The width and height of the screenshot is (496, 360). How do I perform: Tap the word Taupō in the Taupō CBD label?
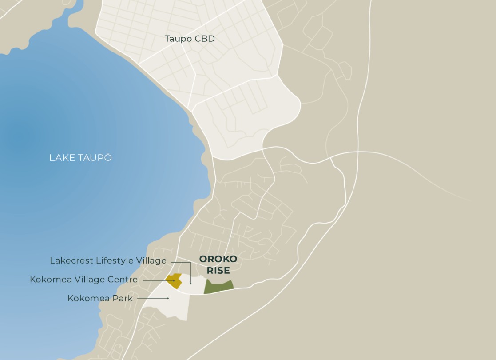click(x=179, y=39)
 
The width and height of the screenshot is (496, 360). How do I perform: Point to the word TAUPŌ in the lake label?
click(x=96, y=158)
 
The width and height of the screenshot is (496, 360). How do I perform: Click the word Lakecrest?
click(x=71, y=261)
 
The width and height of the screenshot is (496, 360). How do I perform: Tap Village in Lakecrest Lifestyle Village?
click(x=151, y=261)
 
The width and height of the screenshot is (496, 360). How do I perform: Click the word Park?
click(x=123, y=298)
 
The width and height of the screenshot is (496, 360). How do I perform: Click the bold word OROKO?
click(x=218, y=259)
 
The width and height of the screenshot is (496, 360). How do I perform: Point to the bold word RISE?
click(x=218, y=271)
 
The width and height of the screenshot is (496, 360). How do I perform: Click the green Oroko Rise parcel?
click(x=218, y=287)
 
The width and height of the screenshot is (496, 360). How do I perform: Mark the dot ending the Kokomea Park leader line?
click(x=168, y=298)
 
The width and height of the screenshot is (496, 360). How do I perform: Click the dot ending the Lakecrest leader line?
click(x=191, y=283)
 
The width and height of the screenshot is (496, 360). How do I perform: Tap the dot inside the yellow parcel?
click(x=174, y=280)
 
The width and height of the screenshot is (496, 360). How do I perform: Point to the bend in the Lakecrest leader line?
click(x=191, y=263)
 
